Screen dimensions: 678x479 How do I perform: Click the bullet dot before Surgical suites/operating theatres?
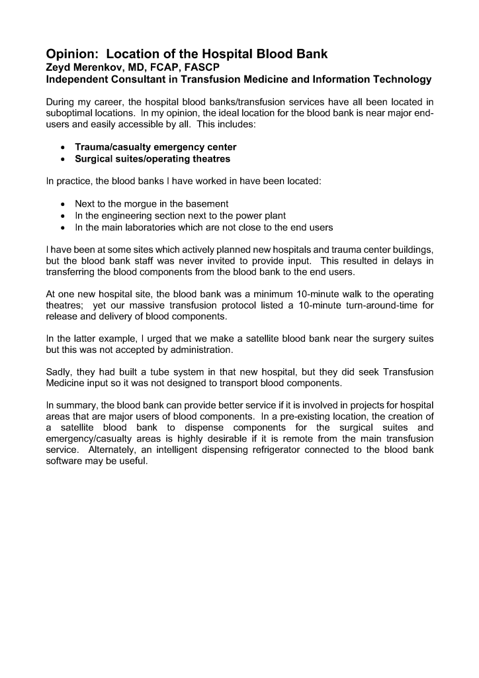[62, 159]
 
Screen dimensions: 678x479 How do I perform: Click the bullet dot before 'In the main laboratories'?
[62, 228]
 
